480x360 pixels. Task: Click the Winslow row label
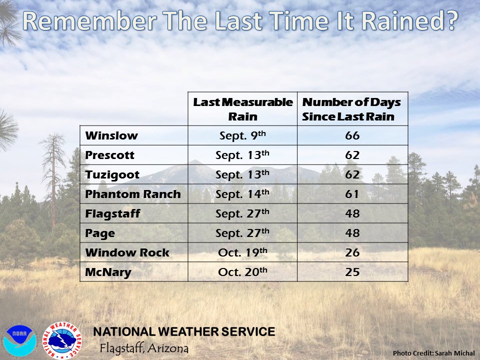(x=111, y=136)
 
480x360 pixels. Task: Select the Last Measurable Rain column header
(x=242, y=109)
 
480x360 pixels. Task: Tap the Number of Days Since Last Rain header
(x=352, y=109)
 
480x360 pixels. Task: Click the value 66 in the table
(x=352, y=136)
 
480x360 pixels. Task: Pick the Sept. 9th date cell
(x=242, y=136)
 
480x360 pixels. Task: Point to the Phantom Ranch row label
(x=133, y=194)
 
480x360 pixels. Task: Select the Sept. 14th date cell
(x=242, y=194)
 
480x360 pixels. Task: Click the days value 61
(x=352, y=194)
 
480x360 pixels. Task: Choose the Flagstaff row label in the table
(x=112, y=213)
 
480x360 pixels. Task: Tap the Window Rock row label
(x=127, y=252)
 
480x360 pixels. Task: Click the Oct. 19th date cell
(x=242, y=252)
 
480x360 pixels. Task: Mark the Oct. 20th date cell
(x=242, y=272)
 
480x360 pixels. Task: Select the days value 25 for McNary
(x=352, y=272)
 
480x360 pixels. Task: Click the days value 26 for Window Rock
(x=352, y=252)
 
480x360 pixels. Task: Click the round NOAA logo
(x=20, y=341)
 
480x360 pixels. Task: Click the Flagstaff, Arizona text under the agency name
(x=144, y=347)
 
